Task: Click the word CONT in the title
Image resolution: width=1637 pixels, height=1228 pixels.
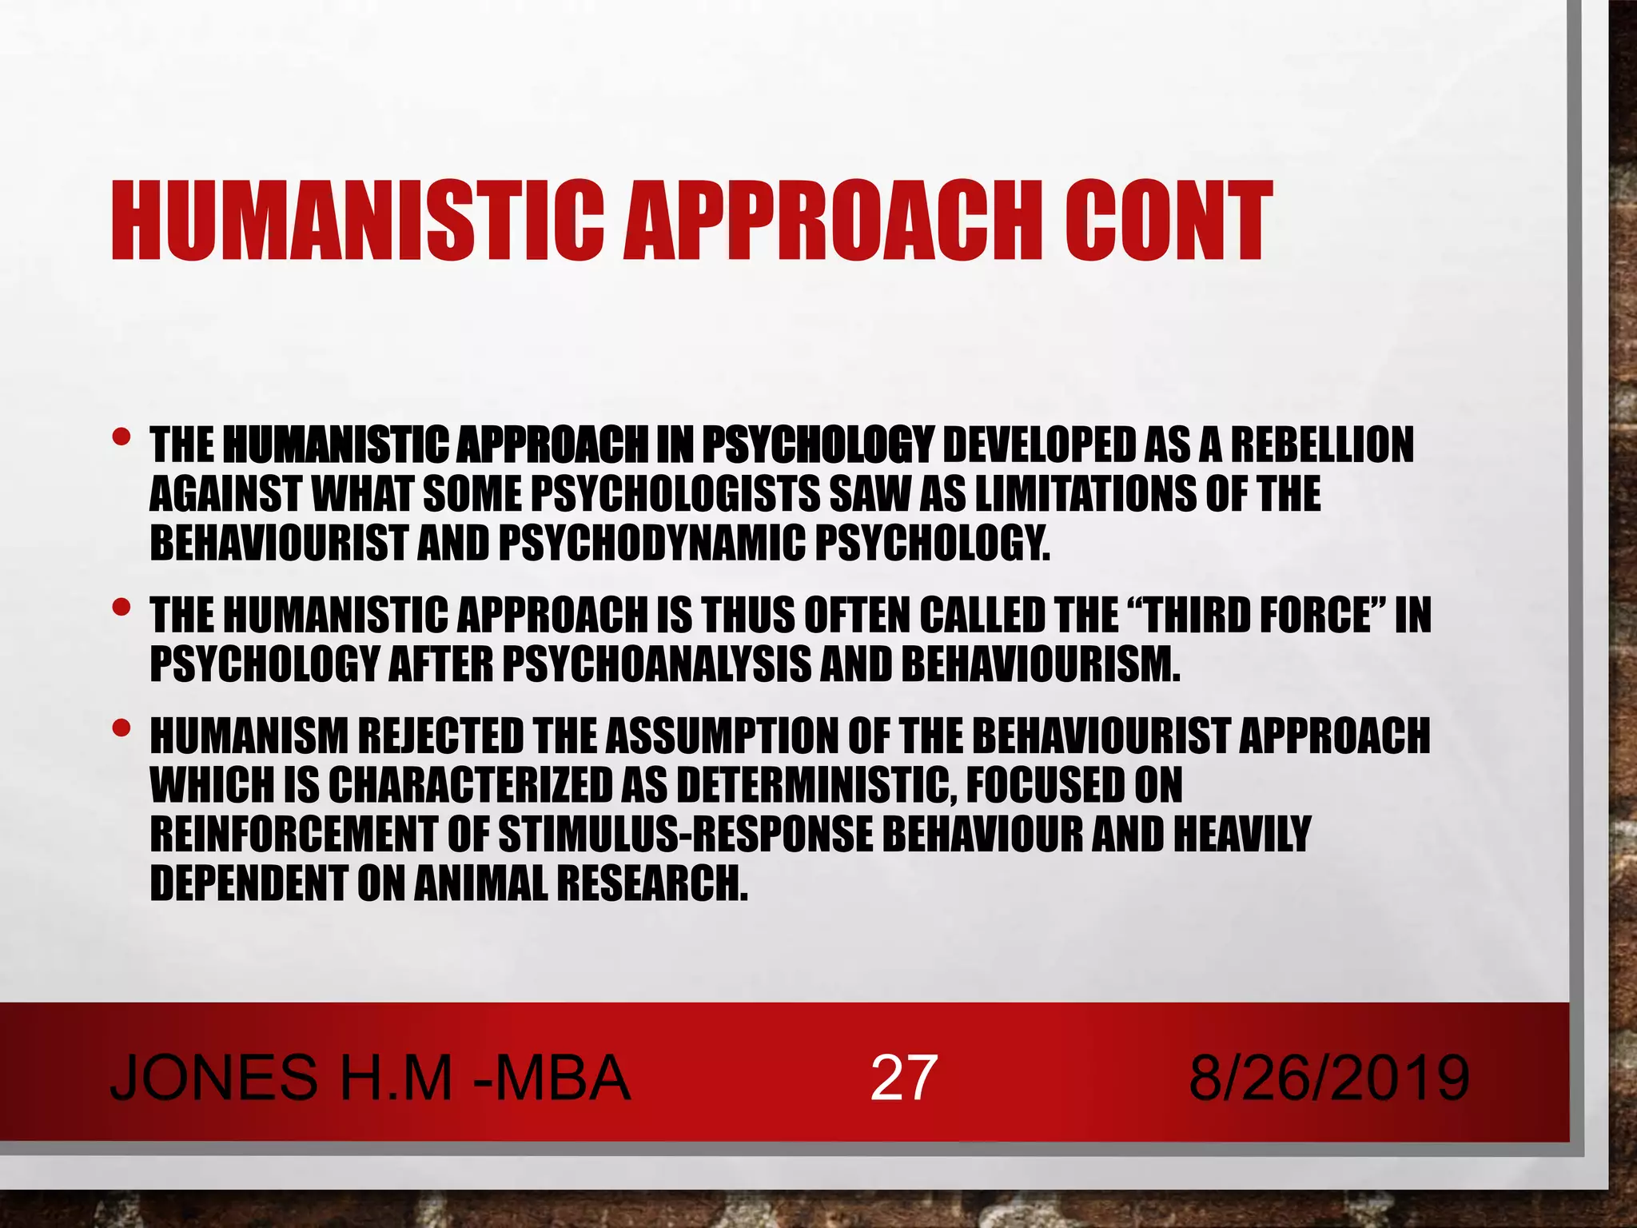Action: tap(1166, 221)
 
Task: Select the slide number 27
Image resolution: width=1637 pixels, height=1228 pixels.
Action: tap(902, 1078)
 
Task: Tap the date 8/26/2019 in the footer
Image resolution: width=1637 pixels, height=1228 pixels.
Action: tap(1328, 1078)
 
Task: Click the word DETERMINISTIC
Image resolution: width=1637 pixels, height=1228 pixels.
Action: tap(815, 785)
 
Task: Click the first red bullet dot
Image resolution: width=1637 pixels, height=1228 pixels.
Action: tap(121, 437)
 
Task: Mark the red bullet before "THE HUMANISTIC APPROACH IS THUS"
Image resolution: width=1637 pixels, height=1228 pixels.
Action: tap(121, 608)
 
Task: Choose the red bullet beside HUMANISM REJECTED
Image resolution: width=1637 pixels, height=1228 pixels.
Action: tap(121, 728)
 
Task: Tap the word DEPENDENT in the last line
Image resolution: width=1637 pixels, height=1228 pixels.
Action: tap(249, 884)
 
